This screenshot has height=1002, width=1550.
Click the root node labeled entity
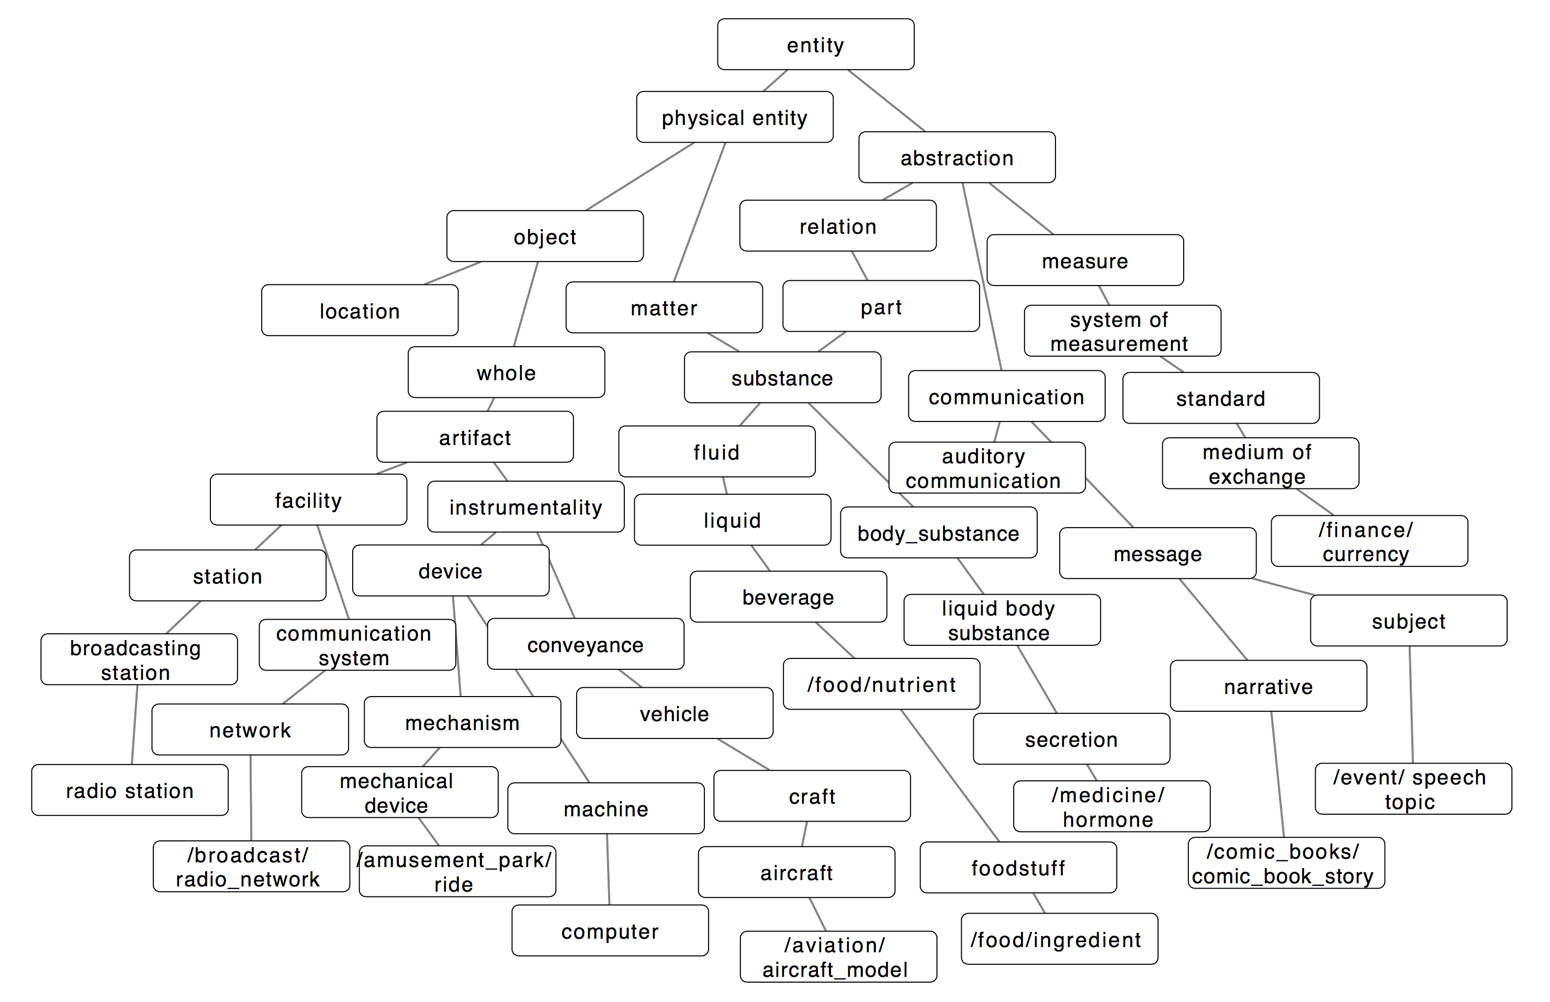coord(815,44)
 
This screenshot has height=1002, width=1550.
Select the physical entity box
coord(734,117)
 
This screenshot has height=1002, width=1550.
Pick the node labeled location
coord(360,310)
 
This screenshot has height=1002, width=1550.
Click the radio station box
coord(130,790)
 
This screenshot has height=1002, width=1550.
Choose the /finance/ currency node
coord(1369,541)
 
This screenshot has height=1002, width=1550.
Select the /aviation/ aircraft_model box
coord(838,957)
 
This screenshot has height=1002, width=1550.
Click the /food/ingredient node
coord(1059,939)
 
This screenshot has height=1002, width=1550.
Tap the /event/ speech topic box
coord(1413,789)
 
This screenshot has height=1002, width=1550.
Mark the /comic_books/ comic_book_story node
coord(1286,863)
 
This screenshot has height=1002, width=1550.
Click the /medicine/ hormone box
coord(1111,806)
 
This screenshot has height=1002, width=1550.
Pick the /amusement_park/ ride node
coord(457,871)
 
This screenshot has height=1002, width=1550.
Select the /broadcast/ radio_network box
coord(251,866)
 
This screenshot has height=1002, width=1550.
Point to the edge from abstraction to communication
coord(982,277)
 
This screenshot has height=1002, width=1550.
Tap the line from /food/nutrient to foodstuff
coord(949,775)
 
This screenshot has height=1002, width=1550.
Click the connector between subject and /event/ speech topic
coord(1411,704)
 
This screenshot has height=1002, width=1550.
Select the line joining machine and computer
coord(608,869)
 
